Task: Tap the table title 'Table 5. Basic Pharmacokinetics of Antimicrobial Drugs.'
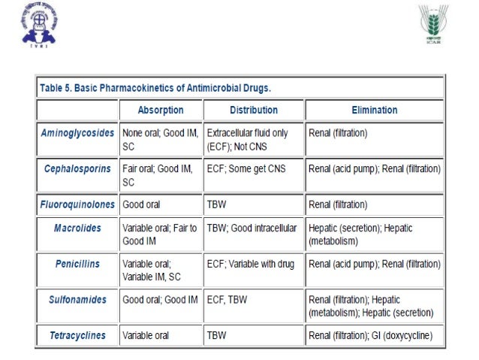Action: (155, 88)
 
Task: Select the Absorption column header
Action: (160, 110)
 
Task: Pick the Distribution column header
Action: (253, 110)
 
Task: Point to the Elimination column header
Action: (373, 110)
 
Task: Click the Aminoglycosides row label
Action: (77, 132)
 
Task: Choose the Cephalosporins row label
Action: (77, 167)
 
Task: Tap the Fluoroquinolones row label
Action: (77, 204)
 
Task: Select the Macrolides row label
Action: (77, 227)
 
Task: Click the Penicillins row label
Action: (77, 264)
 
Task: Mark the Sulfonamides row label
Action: (77, 300)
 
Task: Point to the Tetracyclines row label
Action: (77, 336)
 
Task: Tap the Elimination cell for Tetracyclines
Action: (375, 336)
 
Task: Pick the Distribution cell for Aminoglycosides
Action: (253, 139)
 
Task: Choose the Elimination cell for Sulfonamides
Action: (373, 306)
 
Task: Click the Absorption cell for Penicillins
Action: (159, 270)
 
